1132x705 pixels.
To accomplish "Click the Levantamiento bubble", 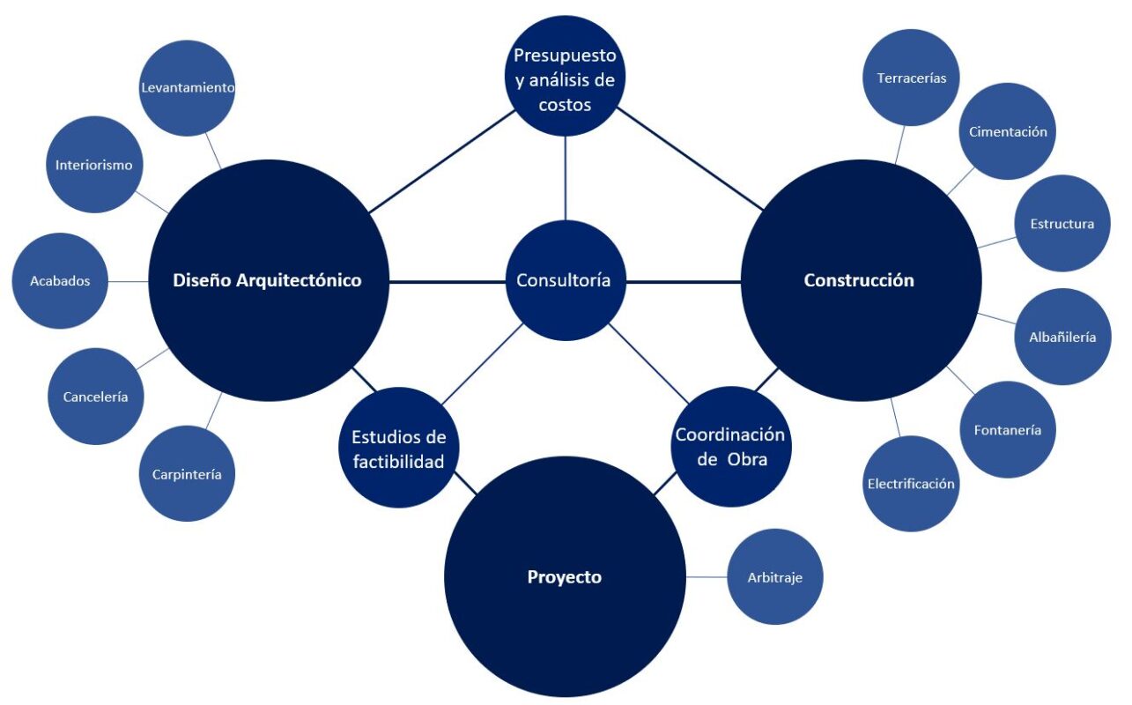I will [x=188, y=88].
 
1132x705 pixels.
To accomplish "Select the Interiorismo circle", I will [x=93, y=165].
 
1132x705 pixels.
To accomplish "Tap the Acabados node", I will [x=60, y=281].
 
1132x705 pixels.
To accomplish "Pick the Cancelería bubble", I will [x=95, y=397].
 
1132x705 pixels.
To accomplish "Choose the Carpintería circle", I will [x=187, y=474].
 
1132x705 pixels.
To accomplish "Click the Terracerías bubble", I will [x=912, y=78].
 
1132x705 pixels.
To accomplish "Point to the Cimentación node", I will [x=1008, y=132].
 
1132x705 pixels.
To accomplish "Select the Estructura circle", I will [x=1062, y=224].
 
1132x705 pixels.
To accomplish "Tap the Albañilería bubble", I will [x=1062, y=337].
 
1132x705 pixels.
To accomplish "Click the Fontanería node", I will [x=1008, y=430].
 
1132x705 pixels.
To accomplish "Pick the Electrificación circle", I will [x=911, y=484].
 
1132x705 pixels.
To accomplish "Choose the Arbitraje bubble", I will [x=775, y=577].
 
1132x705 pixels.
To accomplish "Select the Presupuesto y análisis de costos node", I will [x=565, y=79].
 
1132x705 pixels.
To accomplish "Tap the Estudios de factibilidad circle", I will [x=399, y=449].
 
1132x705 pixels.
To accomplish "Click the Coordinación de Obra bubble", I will [x=730, y=447].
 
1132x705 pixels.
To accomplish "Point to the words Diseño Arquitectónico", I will [x=267, y=281].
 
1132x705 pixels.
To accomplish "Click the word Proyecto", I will [x=565, y=578].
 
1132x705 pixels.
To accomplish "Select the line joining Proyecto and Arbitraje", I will [x=707, y=577].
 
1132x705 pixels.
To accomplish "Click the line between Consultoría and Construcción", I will [x=683, y=282].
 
